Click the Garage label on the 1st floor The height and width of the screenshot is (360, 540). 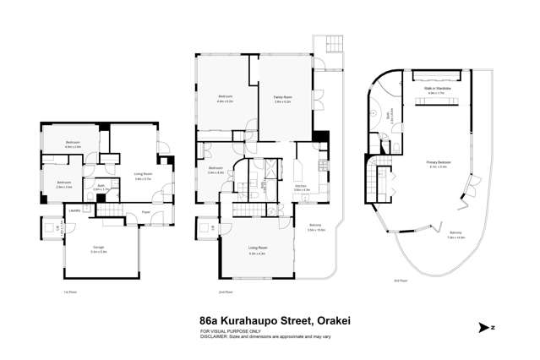coord(98,248)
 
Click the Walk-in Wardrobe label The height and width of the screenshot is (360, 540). coord(436,89)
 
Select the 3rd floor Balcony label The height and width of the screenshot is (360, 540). coord(455,232)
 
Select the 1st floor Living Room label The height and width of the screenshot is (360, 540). coord(142,177)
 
